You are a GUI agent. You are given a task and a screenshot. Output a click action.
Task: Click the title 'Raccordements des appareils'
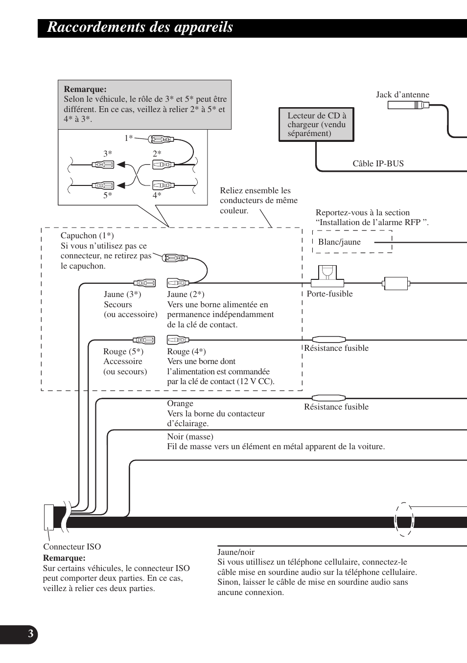[140, 27]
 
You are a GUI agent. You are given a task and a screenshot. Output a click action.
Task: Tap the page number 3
[31, 634]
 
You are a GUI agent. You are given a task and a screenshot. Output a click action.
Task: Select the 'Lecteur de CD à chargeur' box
[316, 124]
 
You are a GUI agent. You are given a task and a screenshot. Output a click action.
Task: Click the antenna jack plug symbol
[408, 105]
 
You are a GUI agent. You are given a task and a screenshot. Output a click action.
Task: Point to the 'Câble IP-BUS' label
[378, 163]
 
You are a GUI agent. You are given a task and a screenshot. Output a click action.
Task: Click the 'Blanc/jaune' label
[339, 242]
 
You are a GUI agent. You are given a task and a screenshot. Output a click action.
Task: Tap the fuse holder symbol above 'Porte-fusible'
[327, 276]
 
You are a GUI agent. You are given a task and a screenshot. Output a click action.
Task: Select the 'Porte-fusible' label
[329, 294]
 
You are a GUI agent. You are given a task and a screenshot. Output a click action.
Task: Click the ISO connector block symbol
[49, 517]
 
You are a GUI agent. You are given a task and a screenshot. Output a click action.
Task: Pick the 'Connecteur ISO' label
[72, 547]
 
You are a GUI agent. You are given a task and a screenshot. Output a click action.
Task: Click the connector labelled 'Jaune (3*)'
[144, 283]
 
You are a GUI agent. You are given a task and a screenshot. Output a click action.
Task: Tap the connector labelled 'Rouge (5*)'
[144, 340]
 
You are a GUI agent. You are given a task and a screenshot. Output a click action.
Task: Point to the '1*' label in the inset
[129, 138]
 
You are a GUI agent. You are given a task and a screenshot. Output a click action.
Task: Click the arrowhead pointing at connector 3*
[121, 164]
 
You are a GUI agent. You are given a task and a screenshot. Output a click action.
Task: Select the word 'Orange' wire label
[180, 403]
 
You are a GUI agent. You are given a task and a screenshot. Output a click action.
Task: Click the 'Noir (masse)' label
[190, 436]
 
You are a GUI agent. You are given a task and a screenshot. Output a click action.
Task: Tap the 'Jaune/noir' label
[236, 552]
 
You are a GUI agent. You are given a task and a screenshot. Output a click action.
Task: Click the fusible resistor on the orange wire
[328, 398]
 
